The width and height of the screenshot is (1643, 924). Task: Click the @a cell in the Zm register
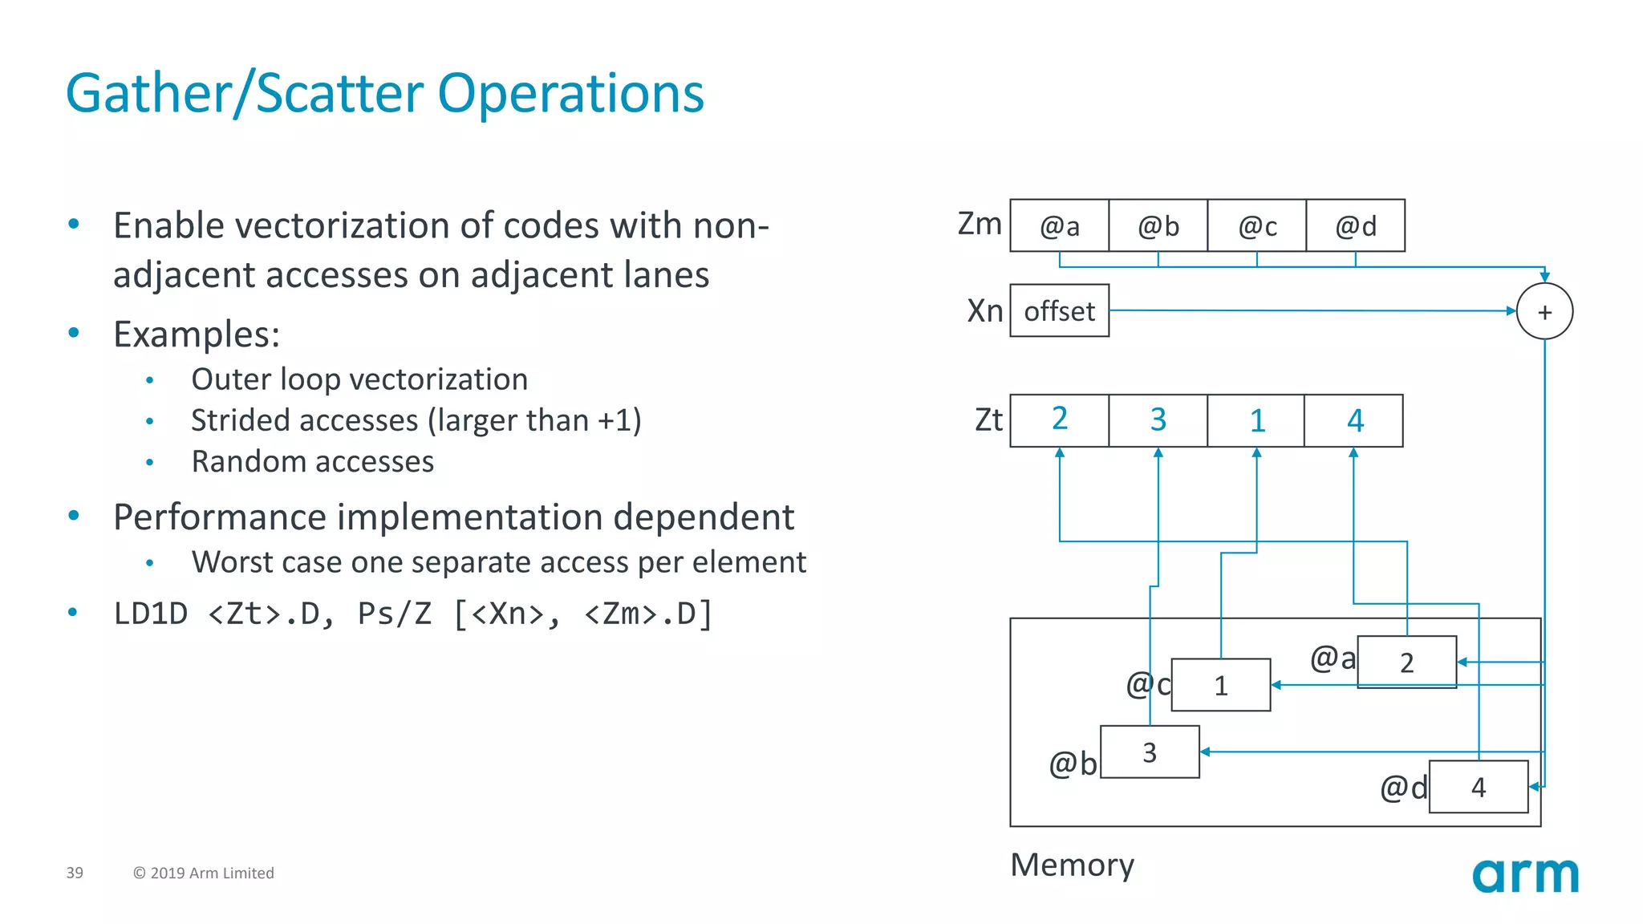tap(1059, 226)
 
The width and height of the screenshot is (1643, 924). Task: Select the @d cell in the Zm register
tap(1355, 226)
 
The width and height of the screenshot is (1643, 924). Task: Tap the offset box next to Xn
tap(1059, 311)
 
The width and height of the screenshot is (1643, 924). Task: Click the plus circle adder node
tap(1544, 312)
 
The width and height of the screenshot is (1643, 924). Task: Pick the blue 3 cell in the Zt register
tap(1158, 420)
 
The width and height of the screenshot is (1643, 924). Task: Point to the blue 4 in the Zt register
tap(1354, 420)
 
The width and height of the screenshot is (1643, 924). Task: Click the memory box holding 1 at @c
tap(1220, 686)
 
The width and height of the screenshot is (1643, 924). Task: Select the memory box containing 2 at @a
tap(1406, 663)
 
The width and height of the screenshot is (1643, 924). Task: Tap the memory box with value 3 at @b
tap(1150, 752)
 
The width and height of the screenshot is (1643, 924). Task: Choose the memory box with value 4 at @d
tap(1478, 787)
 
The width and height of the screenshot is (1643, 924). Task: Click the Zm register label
tap(980, 224)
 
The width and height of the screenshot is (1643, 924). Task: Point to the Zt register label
tap(988, 420)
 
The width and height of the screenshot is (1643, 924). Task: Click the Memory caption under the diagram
tap(1072, 865)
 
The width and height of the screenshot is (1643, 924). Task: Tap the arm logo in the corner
tap(1525, 876)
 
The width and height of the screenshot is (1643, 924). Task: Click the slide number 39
tap(75, 873)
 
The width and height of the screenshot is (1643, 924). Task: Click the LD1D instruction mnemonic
tap(151, 614)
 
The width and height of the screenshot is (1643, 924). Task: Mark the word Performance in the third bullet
tap(219, 517)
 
